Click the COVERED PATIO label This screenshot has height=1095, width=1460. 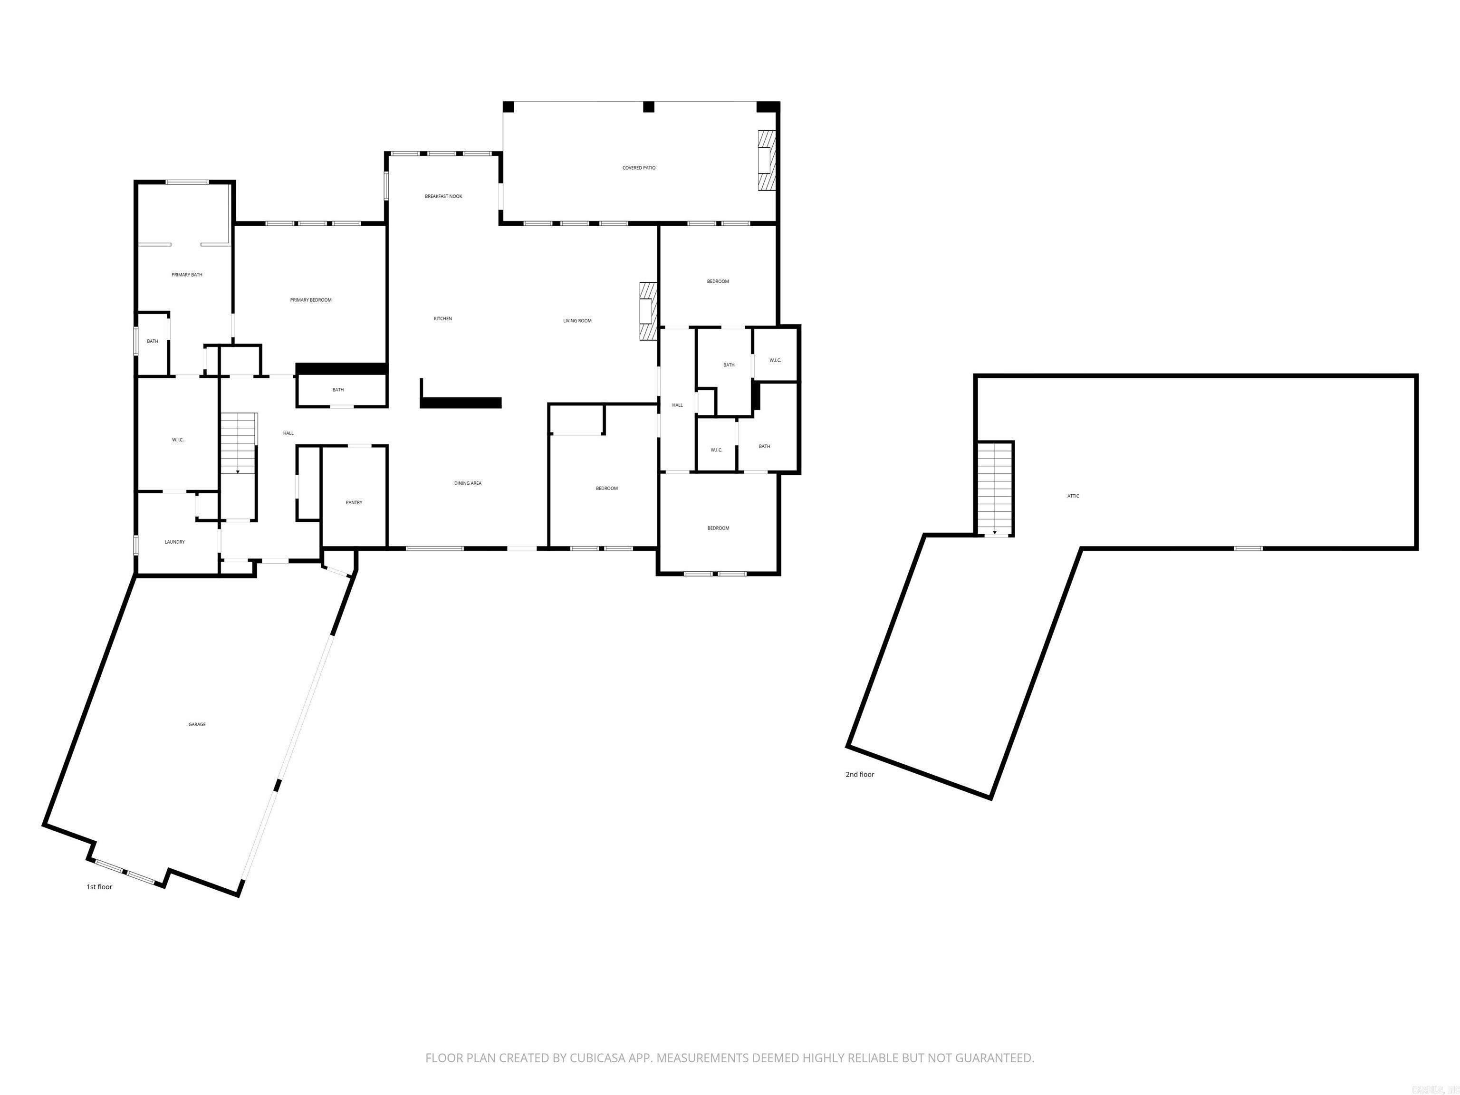pos(638,168)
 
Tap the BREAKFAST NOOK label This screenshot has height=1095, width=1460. pos(443,196)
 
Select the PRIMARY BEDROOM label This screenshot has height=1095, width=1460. pos(310,300)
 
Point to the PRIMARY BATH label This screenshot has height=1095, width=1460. pos(187,275)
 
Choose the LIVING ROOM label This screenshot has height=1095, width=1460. pos(577,321)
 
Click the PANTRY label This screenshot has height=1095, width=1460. pos(354,502)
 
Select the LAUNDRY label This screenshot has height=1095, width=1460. pos(174,542)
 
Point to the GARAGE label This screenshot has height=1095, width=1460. pos(197,724)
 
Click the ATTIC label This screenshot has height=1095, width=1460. pos(1073,496)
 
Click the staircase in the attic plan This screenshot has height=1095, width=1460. pos(995,489)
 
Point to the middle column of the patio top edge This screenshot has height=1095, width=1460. pos(648,107)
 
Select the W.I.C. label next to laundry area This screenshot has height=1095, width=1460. pos(178,440)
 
